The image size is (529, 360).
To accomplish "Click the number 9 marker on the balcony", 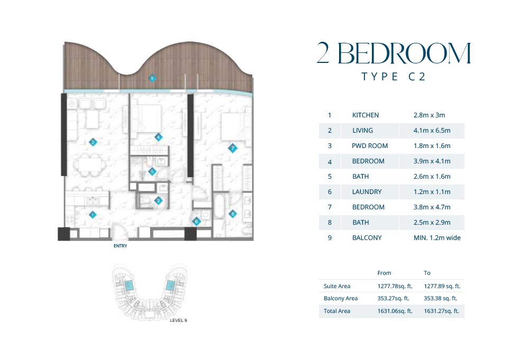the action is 152,79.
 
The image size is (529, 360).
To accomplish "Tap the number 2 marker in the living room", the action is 93,142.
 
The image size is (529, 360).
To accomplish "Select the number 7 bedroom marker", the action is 232,148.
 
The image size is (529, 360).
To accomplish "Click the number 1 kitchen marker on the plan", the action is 93,215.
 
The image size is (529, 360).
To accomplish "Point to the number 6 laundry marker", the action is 196,221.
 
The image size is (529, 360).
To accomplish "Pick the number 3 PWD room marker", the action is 158,201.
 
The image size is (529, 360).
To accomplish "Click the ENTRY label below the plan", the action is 121,246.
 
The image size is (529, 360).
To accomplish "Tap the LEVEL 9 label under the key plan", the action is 178,320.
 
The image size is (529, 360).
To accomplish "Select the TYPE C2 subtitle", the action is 394,77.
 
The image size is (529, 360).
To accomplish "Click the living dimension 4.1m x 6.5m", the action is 432,131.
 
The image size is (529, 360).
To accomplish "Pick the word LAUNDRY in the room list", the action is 367,192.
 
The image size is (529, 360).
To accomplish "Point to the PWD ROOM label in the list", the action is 370,146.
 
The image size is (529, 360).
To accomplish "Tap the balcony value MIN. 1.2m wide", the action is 437,238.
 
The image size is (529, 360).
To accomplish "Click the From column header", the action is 384,273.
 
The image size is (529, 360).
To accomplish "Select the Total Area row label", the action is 336,311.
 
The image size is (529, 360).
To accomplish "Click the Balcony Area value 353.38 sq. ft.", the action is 440,298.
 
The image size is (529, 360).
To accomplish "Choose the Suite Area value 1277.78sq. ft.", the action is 395,286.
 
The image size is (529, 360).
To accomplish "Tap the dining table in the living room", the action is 90,165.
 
